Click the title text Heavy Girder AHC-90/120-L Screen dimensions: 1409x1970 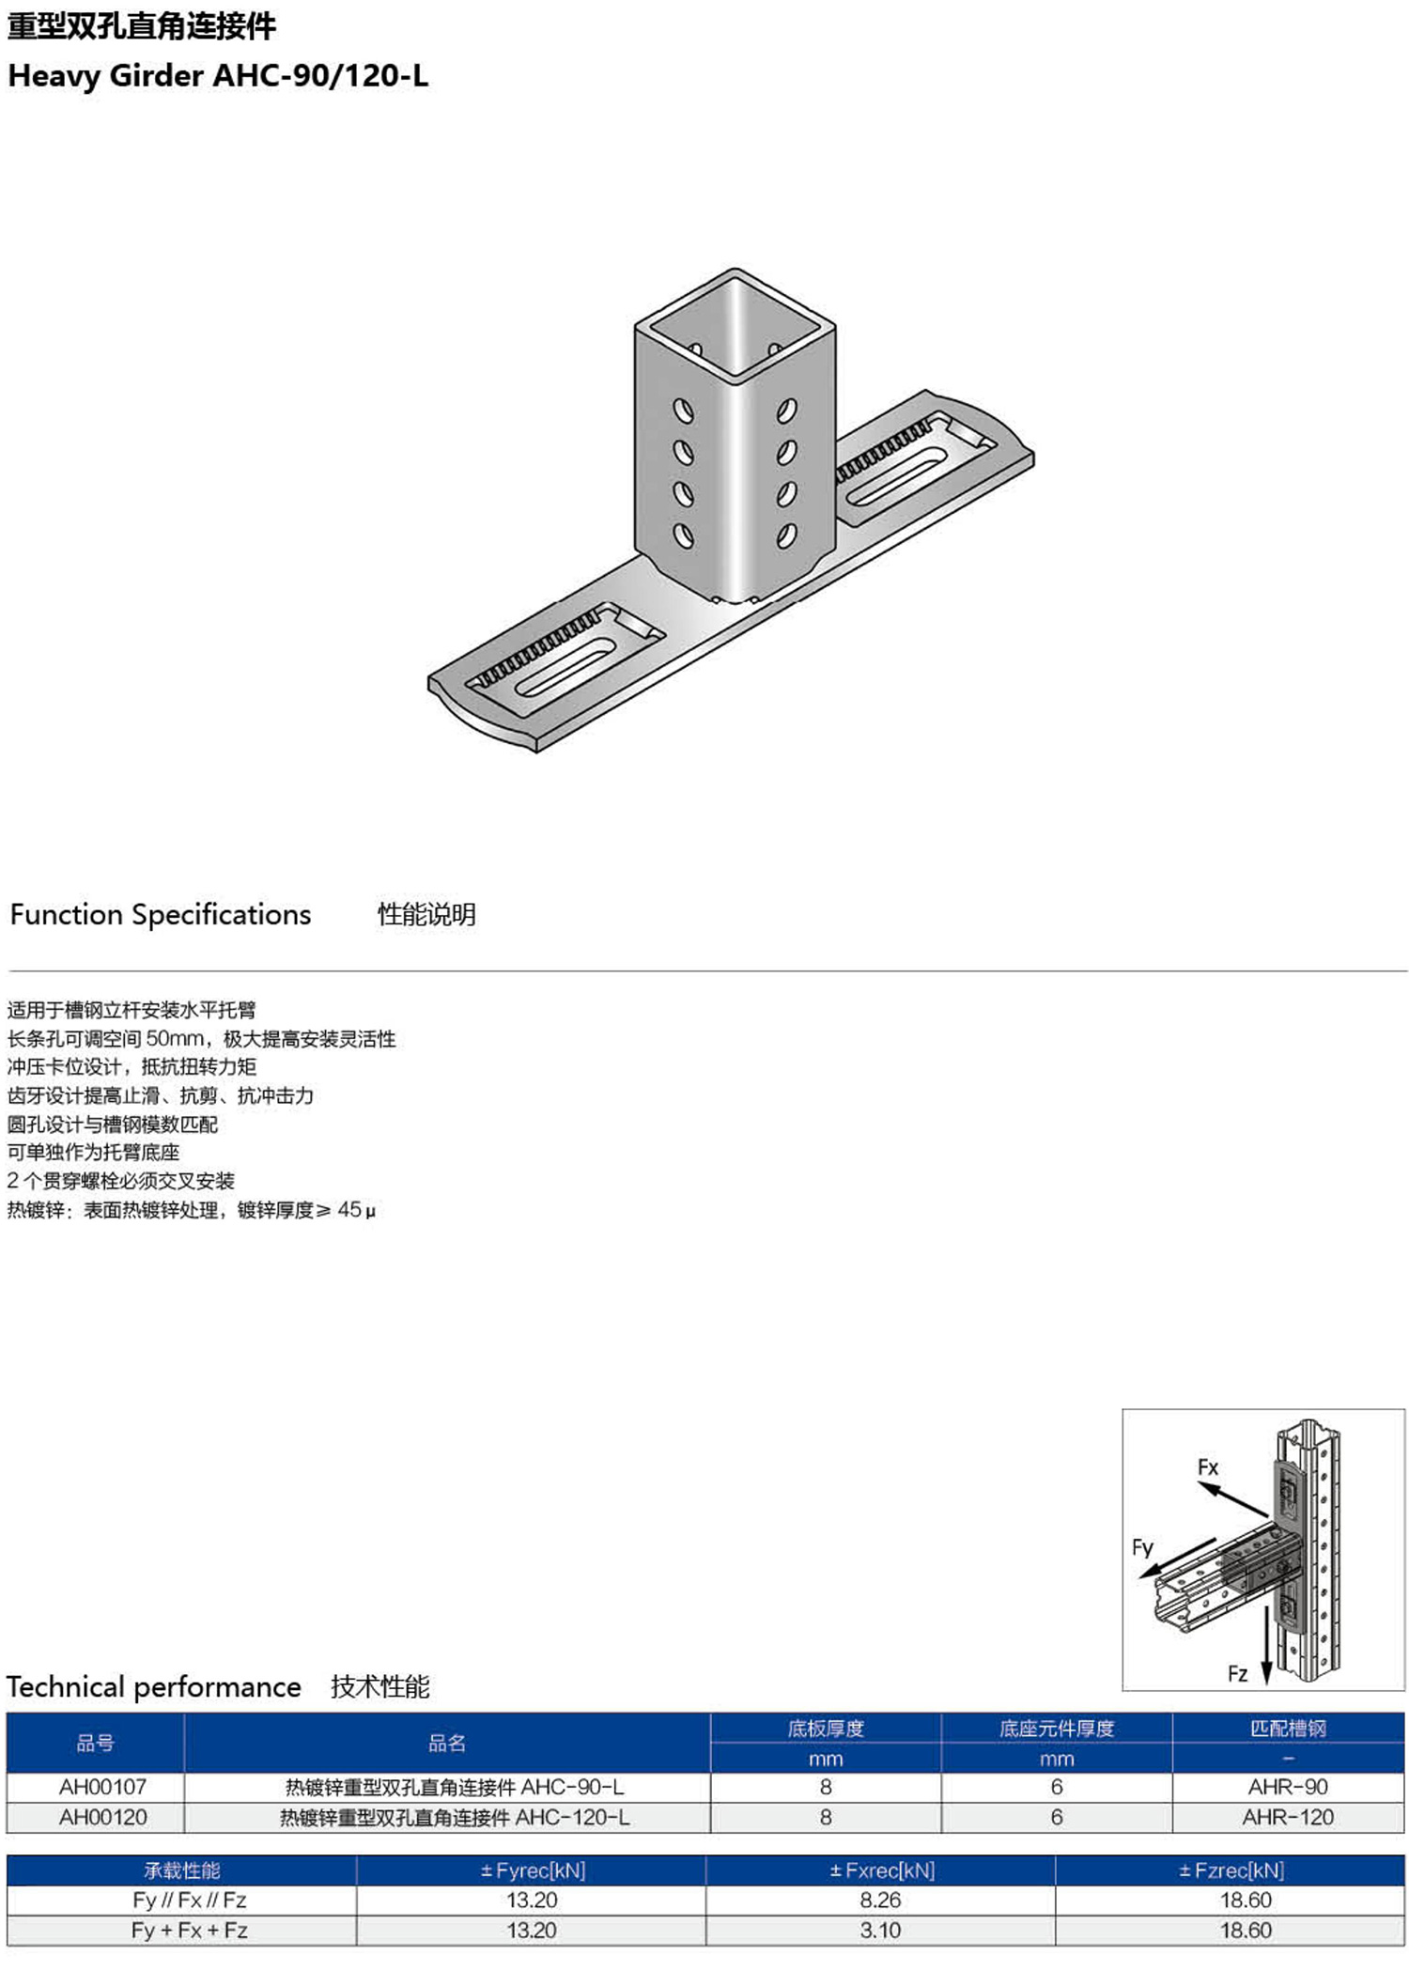coord(218,76)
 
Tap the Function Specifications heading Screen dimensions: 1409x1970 coord(161,915)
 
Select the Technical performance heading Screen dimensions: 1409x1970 coord(154,1687)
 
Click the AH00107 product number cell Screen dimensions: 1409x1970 coord(102,1787)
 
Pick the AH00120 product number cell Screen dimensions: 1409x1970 coord(102,1817)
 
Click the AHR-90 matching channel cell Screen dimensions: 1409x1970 coord(1288,1787)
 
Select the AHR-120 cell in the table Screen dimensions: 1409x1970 coord(1288,1817)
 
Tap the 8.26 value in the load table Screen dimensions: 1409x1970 coord(880,1900)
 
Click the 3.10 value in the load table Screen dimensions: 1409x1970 coord(880,1930)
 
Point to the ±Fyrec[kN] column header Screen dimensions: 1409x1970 coord(533,1870)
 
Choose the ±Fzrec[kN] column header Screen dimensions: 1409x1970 coord(1231,1870)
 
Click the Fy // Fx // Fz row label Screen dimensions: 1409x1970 coord(190,1900)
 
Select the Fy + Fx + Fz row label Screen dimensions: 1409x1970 coord(190,1930)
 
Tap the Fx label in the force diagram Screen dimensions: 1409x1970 coord(1208,1467)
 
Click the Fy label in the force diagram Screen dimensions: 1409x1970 coord(1142,1547)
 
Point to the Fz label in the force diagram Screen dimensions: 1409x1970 coord(1238,1673)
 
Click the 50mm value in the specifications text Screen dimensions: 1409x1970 coord(175,1038)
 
